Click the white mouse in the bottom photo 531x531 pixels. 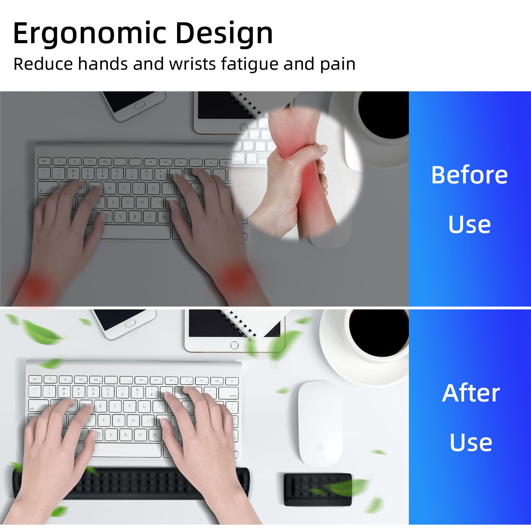[320, 423]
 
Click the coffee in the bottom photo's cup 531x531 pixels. [378, 333]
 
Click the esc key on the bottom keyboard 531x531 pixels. [35, 379]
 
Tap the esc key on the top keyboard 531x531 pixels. [44, 161]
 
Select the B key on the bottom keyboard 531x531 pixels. [126, 434]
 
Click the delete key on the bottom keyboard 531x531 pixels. [228, 393]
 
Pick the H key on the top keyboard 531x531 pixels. [142, 202]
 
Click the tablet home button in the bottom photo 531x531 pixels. [234, 346]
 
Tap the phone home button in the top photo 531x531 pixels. [140, 105]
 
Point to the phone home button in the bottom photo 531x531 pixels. [130, 324]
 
